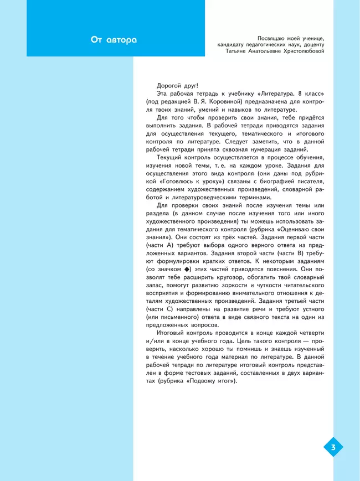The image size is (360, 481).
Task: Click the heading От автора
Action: [114, 40]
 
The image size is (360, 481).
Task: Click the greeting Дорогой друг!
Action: [177, 86]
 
